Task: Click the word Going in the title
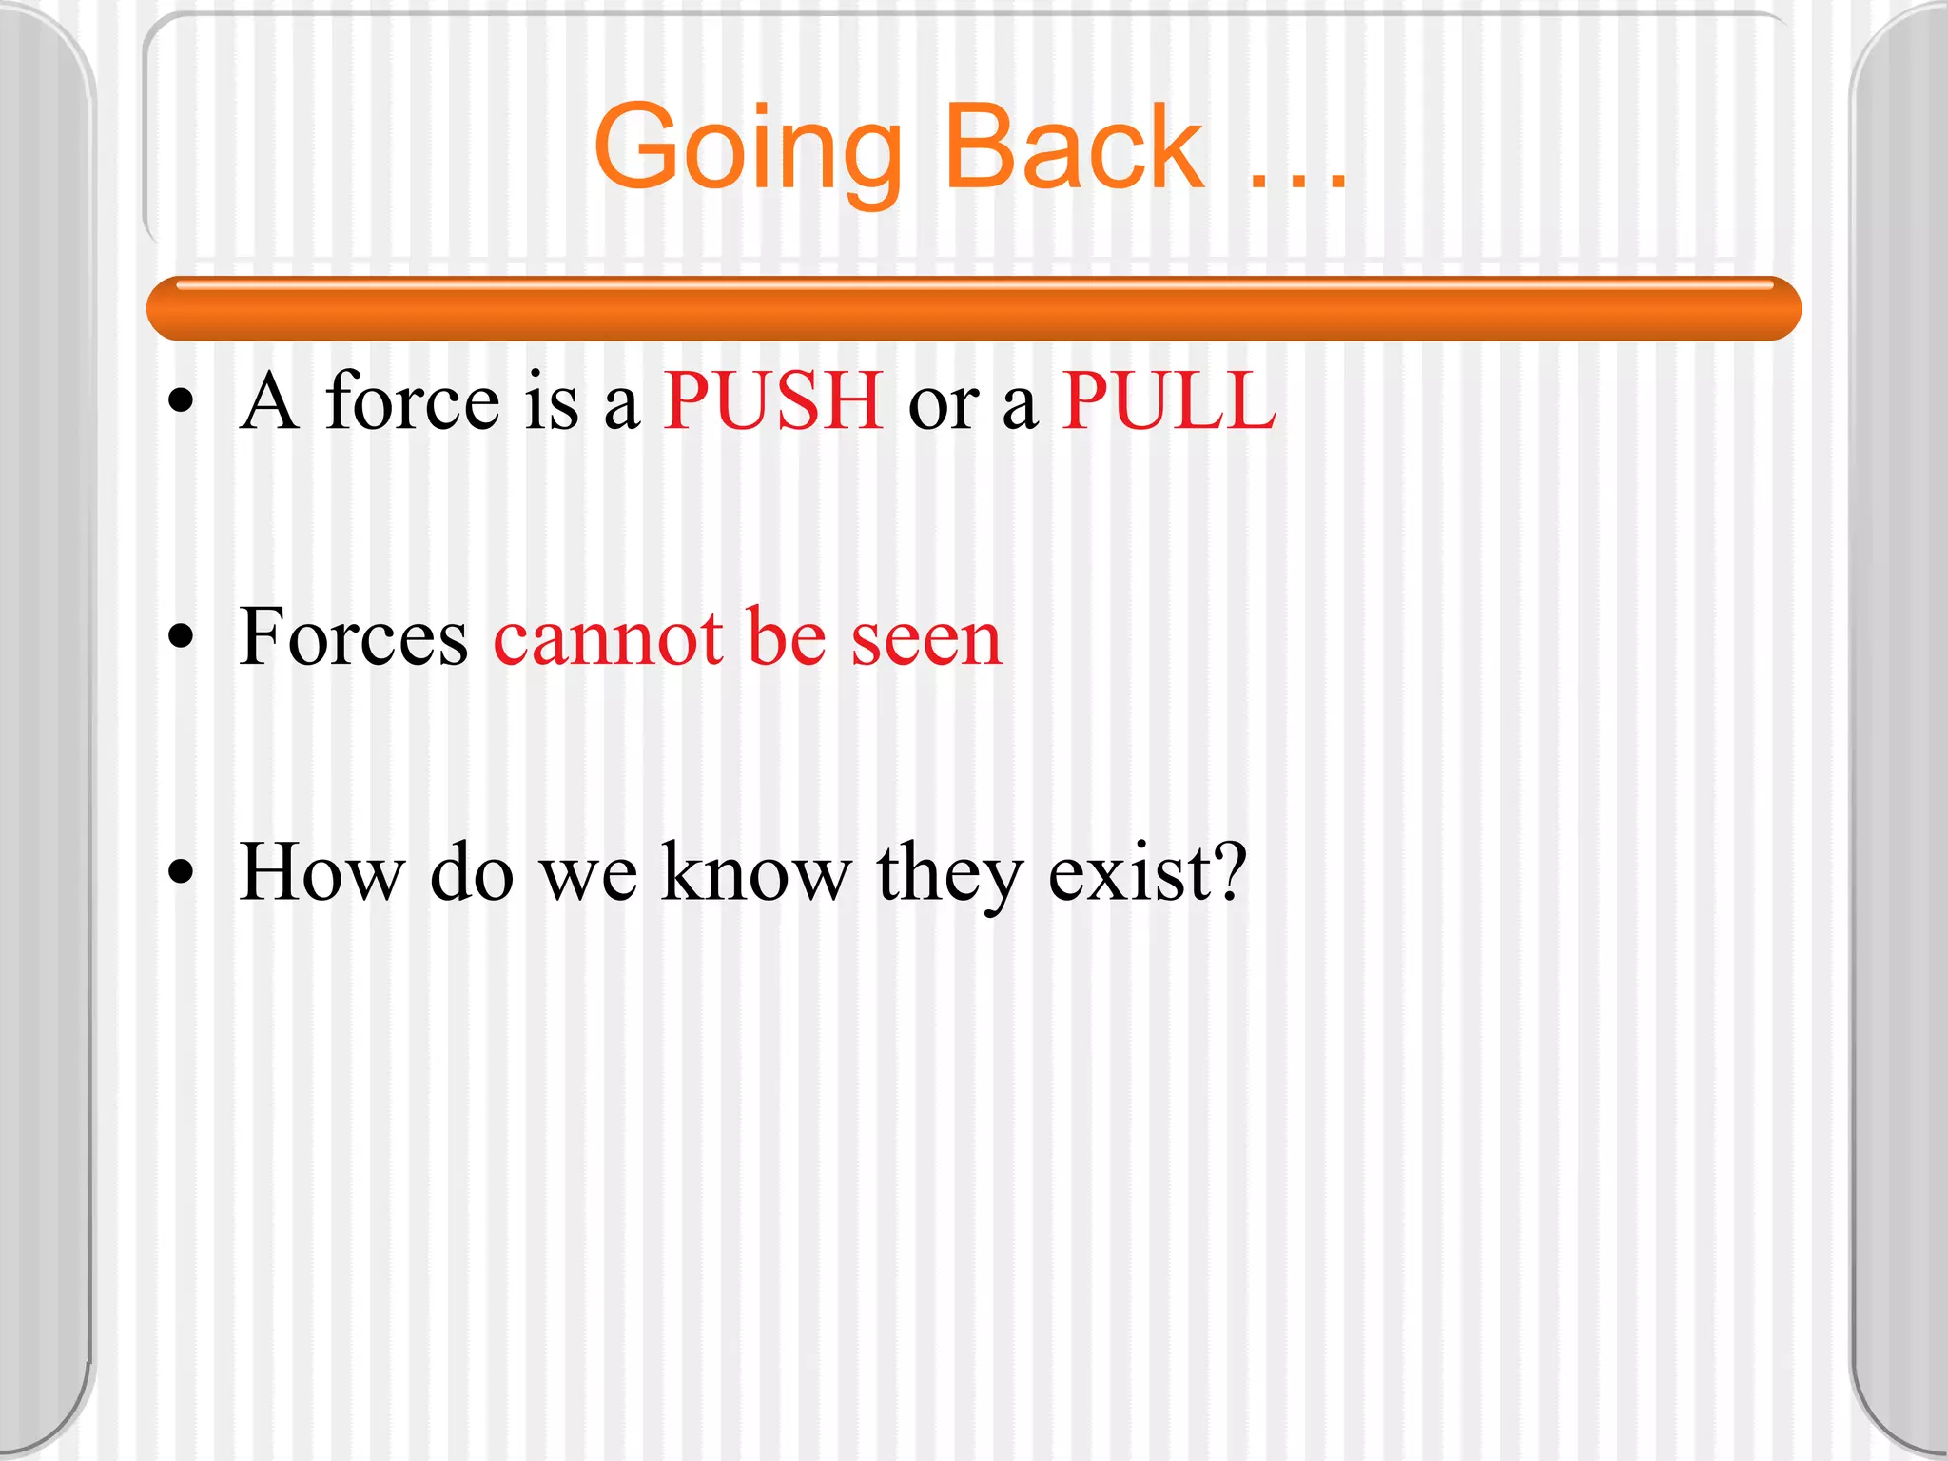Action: tap(748, 150)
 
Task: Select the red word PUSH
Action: tap(772, 401)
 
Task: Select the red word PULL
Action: tap(1168, 401)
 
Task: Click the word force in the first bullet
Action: tap(412, 401)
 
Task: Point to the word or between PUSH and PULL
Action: tap(943, 407)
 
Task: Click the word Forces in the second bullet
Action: tap(353, 637)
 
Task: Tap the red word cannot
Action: tap(608, 639)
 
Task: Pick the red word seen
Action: tap(926, 641)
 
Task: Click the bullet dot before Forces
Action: tap(180, 638)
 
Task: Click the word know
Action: tap(755, 871)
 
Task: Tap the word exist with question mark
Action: tap(1146, 871)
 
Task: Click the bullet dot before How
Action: tap(180, 872)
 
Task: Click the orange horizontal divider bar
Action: tap(974, 309)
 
